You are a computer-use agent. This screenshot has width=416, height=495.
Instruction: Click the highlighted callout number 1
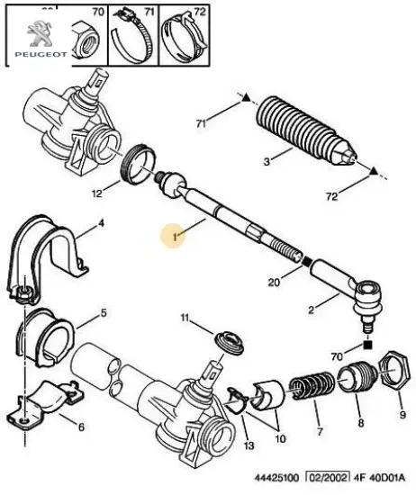point(175,237)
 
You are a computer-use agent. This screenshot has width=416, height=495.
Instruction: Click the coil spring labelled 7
point(312,385)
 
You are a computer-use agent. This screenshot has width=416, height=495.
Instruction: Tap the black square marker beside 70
point(367,345)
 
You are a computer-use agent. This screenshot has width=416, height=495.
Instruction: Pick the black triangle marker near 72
point(374,171)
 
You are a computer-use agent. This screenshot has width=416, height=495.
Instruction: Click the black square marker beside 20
point(307,261)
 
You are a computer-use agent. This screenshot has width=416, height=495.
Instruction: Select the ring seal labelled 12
point(139,164)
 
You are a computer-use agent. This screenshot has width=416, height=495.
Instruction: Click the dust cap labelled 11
point(230,343)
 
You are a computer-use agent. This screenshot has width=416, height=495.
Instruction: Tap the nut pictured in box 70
point(85,40)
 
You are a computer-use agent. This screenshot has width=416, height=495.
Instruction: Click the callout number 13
point(249,445)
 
